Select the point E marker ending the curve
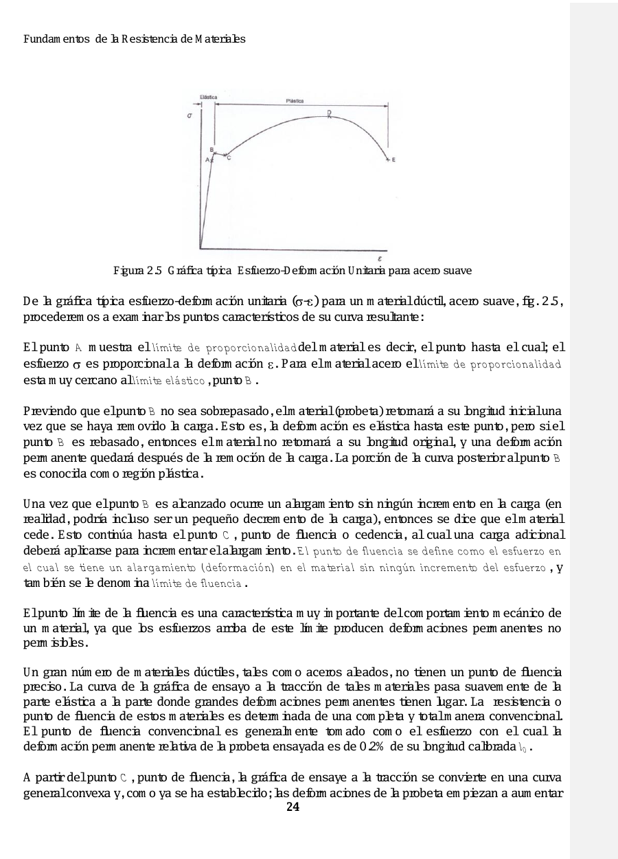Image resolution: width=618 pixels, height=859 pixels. [389, 159]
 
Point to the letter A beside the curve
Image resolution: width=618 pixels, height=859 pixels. [207, 159]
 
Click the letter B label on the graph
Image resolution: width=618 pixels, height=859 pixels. [211, 149]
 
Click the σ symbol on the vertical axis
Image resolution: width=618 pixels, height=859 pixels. [189, 116]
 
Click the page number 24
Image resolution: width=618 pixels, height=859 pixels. [293, 807]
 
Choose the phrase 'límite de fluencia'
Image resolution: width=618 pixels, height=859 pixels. [207, 583]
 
